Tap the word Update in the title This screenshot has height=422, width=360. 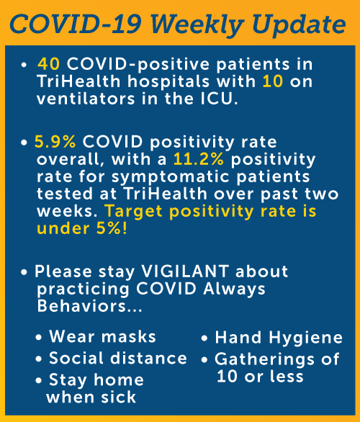(x=299, y=25)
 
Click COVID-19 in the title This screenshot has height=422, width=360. (x=76, y=24)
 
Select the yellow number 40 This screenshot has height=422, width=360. (x=48, y=64)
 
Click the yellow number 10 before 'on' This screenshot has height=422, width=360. (x=273, y=81)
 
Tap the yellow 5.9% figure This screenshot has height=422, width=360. (x=55, y=142)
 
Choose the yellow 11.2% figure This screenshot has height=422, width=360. (x=199, y=159)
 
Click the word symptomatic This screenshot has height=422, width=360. (x=171, y=178)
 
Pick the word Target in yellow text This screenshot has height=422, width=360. (x=133, y=212)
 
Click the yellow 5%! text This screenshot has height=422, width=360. (x=112, y=228)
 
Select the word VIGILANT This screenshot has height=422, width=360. (x=185, y=271)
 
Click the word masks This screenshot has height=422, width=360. (x=129, y=336)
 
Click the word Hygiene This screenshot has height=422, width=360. (x=306, y=338)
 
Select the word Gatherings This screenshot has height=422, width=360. (x=264, y=360)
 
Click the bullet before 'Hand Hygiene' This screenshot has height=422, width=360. (x=204, y=338)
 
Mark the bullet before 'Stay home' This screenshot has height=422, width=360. (x=39, y=380)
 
